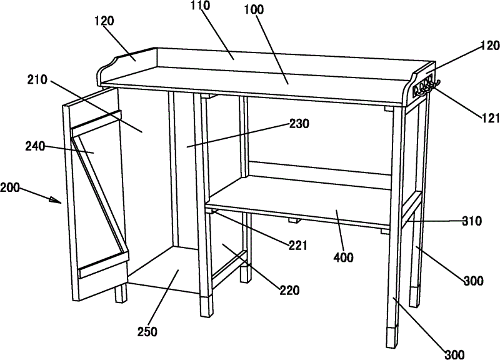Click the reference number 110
coord(201,5)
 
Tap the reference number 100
coord(254,9)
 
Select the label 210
coord(37,80)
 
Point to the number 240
coord(35,147)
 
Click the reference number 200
coord(10,187)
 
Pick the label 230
coord(299,124)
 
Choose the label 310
coord(472,221)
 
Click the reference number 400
coord(343,257)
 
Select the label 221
coord(298,246)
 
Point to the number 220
coord(289,290)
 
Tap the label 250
coord(147,332)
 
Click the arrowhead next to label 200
coord(56,200)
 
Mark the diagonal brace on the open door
coord(101,192)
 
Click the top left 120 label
coord(104,21)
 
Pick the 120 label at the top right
coord(490,46)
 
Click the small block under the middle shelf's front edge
coord(294,221)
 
